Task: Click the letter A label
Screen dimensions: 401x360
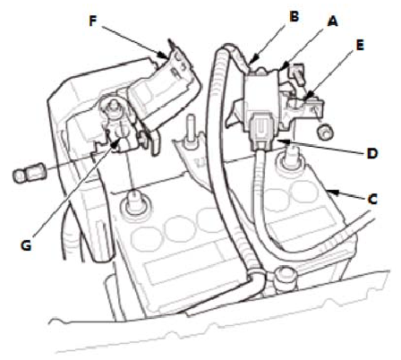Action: point(332,21)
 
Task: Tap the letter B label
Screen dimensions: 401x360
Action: point(294,16)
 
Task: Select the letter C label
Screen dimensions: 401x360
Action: point(372,199)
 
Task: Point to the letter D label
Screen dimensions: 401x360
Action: point(372,153)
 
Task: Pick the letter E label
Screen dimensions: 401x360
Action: point(360,46)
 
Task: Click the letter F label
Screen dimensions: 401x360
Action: point(93,21)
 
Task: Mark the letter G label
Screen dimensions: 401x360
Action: point(26,245)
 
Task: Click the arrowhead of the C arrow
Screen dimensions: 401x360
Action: point(332,192)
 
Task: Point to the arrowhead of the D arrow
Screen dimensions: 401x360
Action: point(281,141)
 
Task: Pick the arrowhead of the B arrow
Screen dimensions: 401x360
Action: point(252,61)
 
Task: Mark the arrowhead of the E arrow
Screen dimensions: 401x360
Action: point(308,97)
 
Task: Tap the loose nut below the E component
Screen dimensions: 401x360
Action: point(325,131)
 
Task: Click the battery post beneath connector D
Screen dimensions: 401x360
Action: point(287,159)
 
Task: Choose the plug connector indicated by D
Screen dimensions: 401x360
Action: point(262,131)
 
